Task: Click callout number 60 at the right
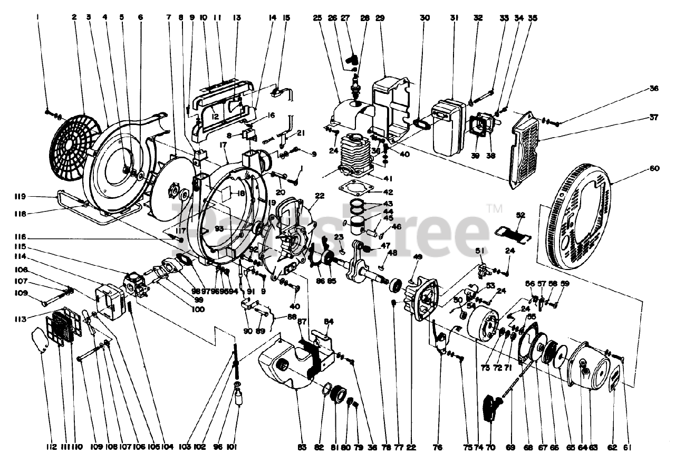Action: pyautogui.click(x=654, y=169)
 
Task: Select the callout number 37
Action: pyautogui.click(x=654, y=118)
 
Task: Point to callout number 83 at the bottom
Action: pyautogui.click(x=302, y=448)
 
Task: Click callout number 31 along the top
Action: pyautogui.click(x=454, y=17)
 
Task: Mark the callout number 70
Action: pyautogui.click(x=490, y=448)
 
